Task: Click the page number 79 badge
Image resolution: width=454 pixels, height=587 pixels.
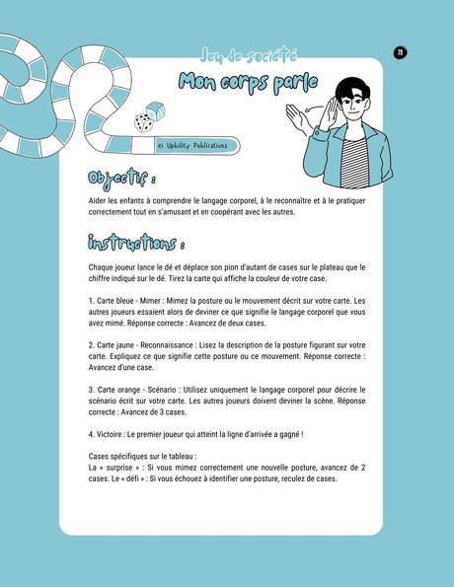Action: point(400,52)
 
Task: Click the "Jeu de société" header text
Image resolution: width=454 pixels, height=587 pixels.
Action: point(234,56)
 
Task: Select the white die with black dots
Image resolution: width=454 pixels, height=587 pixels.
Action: point(144,122)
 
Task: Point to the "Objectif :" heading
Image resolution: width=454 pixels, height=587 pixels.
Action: point(119,179)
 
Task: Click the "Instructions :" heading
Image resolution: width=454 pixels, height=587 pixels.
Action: point(135,243)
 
